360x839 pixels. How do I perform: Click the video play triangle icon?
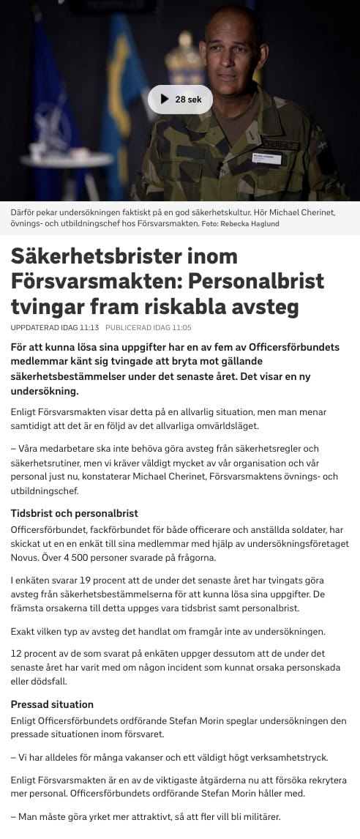[163, 100]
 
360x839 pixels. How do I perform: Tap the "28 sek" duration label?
[189, 100]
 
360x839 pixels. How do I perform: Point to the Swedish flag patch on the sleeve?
[322, 145]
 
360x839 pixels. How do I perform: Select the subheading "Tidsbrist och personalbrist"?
[75, 513]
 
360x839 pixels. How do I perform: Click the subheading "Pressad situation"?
[53, 704]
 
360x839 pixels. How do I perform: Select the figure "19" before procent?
[85, 579]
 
